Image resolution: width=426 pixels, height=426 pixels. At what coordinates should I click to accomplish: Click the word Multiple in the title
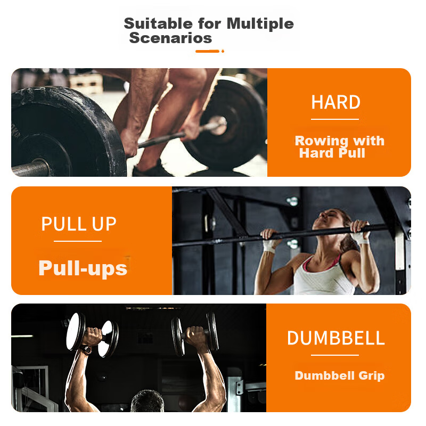[x=260, y=24]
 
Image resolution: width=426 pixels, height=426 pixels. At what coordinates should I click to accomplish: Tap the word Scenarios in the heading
[x=170, y=38]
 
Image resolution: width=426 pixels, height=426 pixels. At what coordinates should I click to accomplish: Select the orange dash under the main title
[x=207, y=51]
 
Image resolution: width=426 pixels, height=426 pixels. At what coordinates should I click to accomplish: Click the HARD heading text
[x=336, y=102]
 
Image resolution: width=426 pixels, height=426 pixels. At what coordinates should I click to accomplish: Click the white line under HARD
[x=335, y=119]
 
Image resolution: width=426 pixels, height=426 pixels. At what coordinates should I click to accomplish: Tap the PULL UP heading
[x=79, y=224]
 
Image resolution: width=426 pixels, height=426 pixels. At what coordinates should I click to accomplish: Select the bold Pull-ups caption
[x=83, y=268]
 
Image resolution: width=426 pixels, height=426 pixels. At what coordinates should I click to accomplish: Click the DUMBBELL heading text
[x=336, y=338]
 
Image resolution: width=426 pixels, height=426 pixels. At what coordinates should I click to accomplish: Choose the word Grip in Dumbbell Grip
[x=371, y=376]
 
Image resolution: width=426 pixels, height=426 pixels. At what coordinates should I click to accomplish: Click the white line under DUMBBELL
[x=335, y=355]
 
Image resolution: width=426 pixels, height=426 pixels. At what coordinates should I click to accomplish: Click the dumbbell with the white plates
[x=92, y=335]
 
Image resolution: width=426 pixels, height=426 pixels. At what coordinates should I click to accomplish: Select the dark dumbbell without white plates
[x=195, y=334]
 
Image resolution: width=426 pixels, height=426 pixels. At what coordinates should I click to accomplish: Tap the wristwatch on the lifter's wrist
[x=86, y=350]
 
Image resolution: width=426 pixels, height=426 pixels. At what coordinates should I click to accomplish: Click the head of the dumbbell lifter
[x=148, y=401]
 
